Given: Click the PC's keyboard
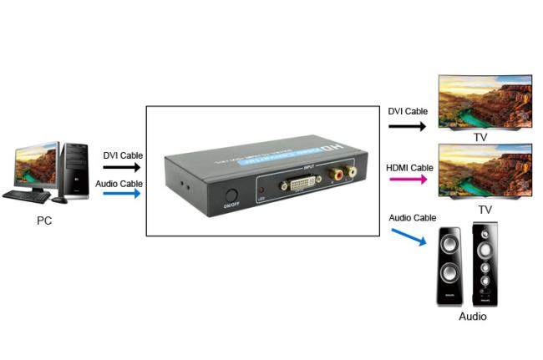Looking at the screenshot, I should point(26,196).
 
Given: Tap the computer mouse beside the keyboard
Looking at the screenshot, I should point(58,199).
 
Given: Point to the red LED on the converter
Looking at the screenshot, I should point(261,189).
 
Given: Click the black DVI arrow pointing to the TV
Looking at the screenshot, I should point(408,127).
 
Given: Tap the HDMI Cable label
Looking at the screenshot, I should point(409,167).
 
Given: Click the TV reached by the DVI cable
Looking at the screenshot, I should point(485,103).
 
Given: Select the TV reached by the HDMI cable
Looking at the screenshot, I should point(485,170).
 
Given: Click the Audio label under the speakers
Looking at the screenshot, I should point(473,317).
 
